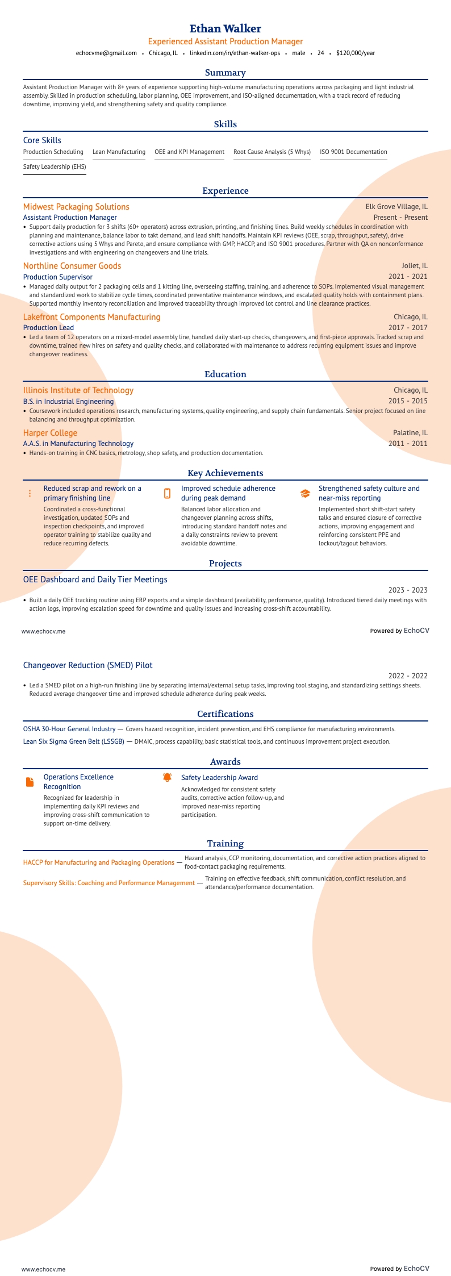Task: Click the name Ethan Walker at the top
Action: [x=225, y=28]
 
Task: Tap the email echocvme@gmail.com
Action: [x=106, y=53]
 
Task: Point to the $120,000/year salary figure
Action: [x=356, y=53]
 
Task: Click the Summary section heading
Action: [x=225, y=73]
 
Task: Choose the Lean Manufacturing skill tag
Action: [x=119, y=152]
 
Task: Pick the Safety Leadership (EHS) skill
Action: [x=55, y=166]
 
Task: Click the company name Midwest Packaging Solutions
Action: [x=76, y=207]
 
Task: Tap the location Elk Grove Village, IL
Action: [x=396, y=207]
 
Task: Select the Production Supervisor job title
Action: [x=58, y=277]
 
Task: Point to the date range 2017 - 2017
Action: [x=408, y=327]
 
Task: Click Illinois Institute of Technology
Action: [x=78, y=390]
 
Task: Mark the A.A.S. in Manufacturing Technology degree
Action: [x=78, y=443]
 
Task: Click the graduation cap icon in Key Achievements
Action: [x=305, y=494]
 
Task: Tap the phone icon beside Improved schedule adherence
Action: [x=167, y=494]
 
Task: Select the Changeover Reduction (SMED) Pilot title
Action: [x=87, y=665]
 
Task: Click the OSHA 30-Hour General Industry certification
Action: [x=69, y=728]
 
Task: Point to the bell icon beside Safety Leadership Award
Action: [x=167, y=777]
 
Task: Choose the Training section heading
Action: [x=225, y=844]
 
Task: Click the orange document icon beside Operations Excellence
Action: [x=30, y=782]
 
